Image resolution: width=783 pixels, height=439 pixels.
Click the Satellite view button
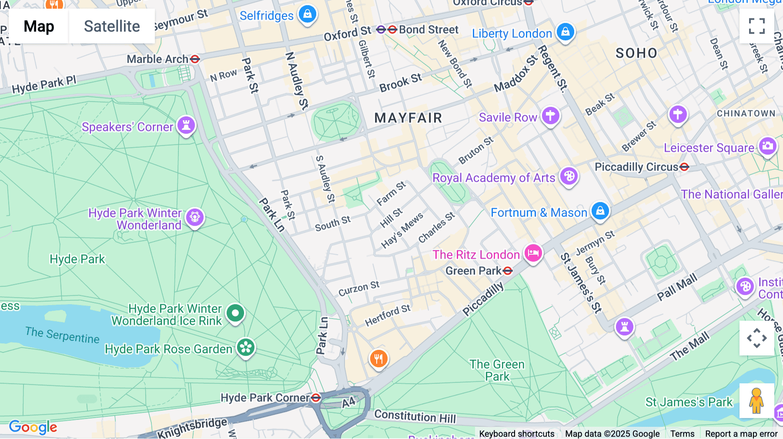point(112,27)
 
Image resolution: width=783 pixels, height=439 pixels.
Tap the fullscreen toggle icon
point(757,26)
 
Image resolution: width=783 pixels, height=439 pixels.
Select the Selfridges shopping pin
point(308,14)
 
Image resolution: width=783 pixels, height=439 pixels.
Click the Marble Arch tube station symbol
point(195,59)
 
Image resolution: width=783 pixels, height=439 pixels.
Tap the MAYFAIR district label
point(408,118)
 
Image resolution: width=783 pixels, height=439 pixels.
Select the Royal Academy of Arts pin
point(569,176)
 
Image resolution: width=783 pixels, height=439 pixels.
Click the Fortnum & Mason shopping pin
point(600,211)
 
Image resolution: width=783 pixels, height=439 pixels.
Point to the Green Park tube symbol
point(508,271)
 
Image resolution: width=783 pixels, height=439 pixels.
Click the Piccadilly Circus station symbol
point(684,167)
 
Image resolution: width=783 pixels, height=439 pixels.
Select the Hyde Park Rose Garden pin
point(246,347)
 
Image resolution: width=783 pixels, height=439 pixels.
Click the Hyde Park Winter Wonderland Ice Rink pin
point(235,313)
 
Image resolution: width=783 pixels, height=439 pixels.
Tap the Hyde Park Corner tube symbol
point(316,398)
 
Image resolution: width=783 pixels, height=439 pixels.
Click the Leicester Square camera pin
point(768,146)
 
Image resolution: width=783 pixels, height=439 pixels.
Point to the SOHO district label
point(636,53)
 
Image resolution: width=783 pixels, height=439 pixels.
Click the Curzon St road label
point(359,288)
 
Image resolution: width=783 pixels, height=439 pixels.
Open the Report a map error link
point(741,434)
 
